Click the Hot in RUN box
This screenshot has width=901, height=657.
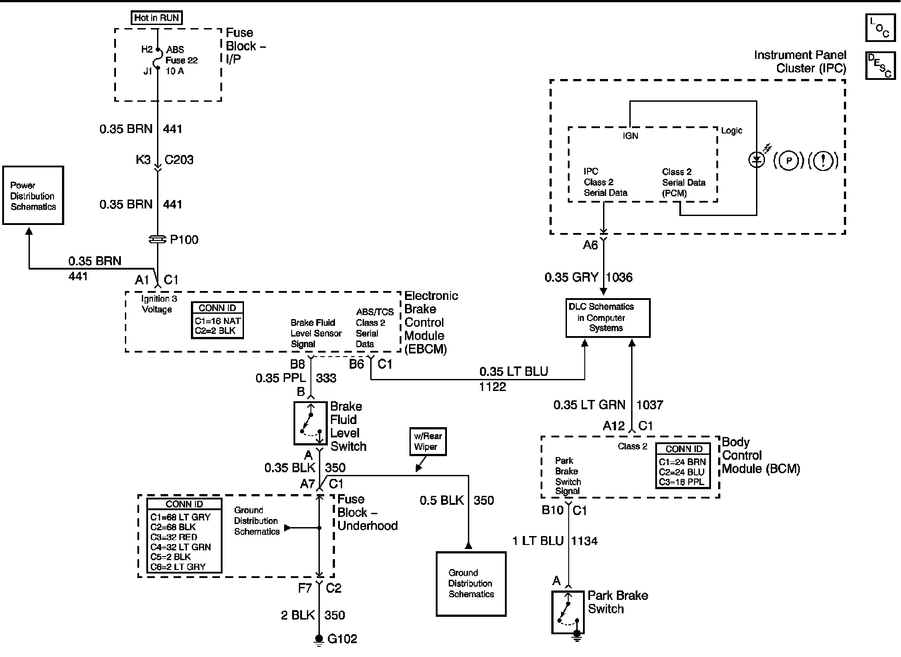pos(157,18)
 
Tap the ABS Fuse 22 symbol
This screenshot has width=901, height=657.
pos(157,59)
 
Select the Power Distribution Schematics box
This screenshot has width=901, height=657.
pos(33,195)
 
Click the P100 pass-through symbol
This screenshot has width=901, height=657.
pos(157,240)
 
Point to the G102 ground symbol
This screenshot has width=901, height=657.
pos(318,640)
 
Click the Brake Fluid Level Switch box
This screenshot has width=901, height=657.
pos(310,423)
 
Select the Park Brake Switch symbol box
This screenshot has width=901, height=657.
pos(568,612)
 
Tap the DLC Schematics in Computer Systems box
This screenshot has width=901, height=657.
pos(608,318)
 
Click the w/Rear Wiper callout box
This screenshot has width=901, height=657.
pos(428,441)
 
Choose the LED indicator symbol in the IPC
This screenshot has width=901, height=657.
pos(756,159)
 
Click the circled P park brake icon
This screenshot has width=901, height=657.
pos(789,161)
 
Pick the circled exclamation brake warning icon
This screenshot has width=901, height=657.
pos(823,161)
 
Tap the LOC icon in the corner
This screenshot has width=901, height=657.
pos(880,28)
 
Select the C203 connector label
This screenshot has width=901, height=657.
pos(179,160)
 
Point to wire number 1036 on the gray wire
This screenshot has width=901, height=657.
pos(619,278)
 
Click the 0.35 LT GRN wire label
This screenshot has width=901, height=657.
pos(589,405)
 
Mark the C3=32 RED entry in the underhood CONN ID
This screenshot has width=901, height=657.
pos(174,537)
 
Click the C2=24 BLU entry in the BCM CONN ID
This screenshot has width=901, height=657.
pos(682,472)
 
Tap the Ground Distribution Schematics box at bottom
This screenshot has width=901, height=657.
pos(471,584)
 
